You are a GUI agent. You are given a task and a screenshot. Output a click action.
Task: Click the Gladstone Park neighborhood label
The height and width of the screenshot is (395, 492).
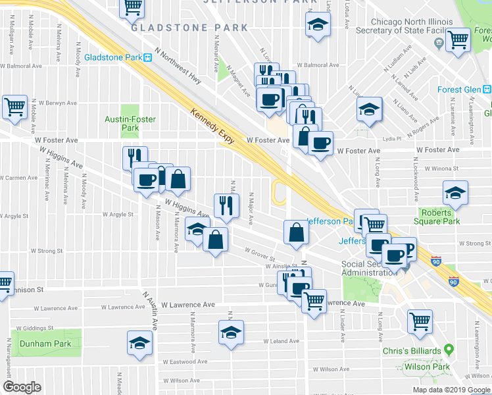point(189,28)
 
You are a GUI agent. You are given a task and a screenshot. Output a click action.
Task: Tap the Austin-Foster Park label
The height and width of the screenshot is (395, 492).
point(122,123)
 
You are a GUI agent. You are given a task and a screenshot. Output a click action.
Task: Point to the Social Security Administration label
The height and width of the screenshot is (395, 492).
point(369,269)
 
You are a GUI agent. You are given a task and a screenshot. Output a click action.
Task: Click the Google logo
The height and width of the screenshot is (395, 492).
point(22,387)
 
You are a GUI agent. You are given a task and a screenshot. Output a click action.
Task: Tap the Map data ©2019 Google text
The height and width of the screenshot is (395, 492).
point(451,390)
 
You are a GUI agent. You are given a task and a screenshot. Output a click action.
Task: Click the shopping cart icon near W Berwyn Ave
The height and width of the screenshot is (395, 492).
point(14,106)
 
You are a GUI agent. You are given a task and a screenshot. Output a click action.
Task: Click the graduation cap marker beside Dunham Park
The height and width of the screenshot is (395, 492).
point(139,342)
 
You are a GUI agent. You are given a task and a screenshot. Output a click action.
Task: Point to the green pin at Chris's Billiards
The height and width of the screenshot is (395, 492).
point(449,348)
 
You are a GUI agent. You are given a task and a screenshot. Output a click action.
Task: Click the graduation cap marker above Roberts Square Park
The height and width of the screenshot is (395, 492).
point(455,193)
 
